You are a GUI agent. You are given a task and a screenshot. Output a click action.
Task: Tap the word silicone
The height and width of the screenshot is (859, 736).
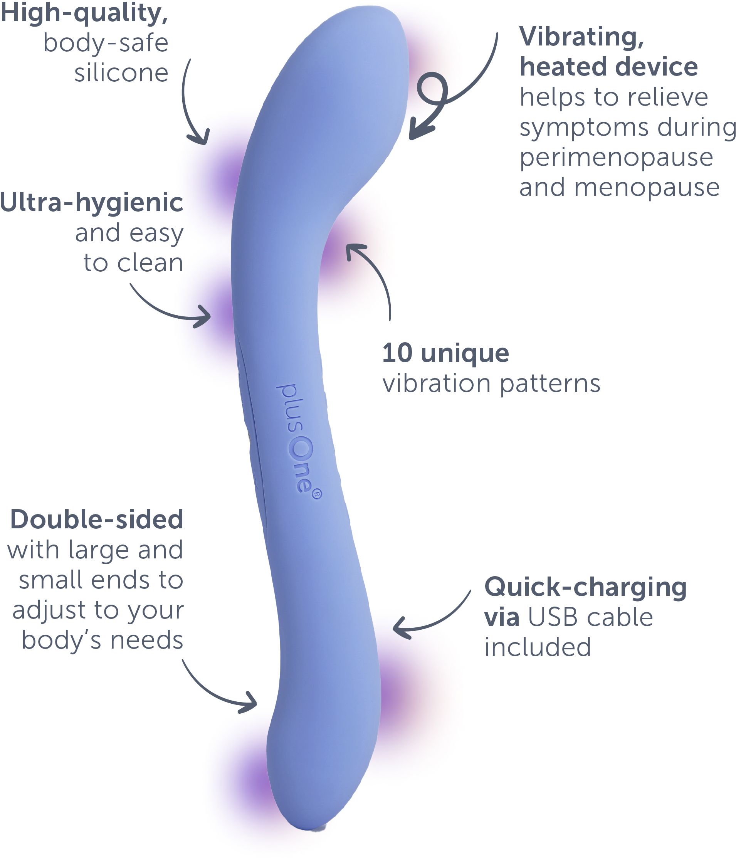point(121,73)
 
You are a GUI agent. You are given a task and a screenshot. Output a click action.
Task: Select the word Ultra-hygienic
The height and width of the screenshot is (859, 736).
point(91,203)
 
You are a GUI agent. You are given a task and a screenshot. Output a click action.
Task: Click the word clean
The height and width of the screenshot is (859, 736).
point(150,263)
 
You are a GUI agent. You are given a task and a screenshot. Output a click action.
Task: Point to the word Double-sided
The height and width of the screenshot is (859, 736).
point(97,519)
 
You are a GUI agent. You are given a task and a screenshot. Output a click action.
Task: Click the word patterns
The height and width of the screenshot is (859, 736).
point(550,384)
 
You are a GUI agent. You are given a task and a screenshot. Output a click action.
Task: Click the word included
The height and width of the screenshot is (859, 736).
point(538,647)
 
